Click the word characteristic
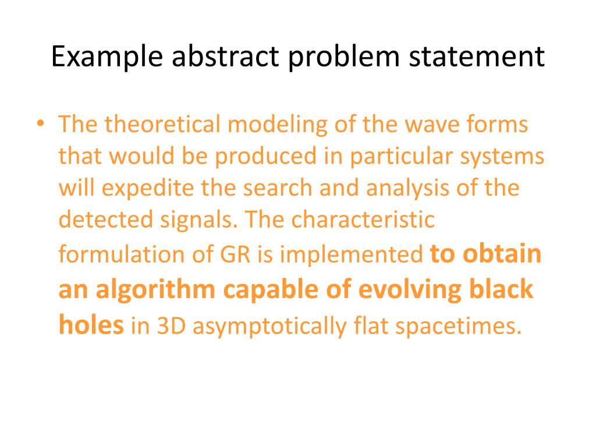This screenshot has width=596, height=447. (364, 221)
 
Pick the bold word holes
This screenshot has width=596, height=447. (91, 324)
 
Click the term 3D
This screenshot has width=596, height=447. (171, 326)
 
